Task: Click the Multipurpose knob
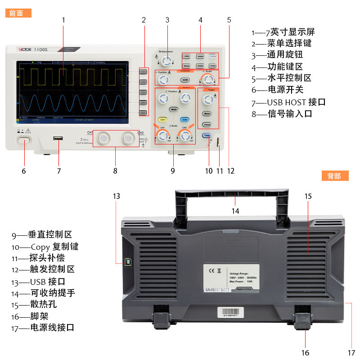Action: point(167,61)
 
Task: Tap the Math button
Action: point(174,109)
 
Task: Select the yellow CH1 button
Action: point(163,120)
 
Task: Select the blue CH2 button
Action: point(184,120)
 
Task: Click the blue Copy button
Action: point(207,135)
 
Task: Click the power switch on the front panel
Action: point(24,141)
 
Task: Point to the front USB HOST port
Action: point(58,139)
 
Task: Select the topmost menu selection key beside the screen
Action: point(143,72)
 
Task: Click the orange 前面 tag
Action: point(18,13)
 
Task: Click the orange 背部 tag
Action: point(335,176)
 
